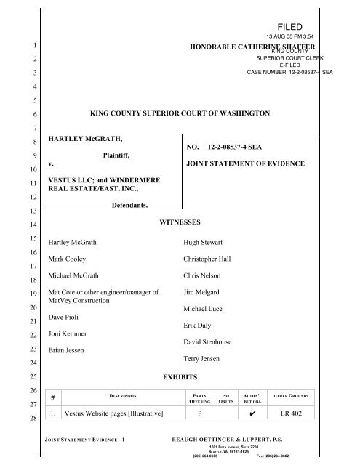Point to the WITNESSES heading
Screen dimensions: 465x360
[180, 220]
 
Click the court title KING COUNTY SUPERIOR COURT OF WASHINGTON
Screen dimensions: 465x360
[180, 114]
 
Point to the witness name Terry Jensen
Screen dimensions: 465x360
[207, 360]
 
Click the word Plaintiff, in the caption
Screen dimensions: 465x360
[122, 155]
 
